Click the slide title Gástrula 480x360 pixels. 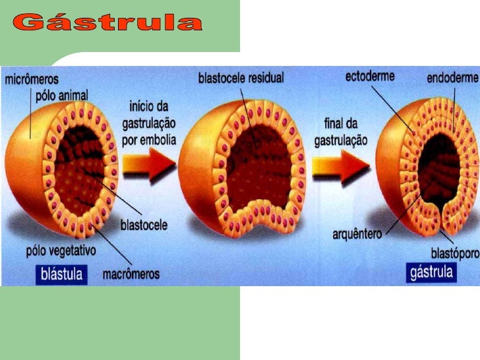click(107, 24)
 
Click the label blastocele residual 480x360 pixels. click(241, 78)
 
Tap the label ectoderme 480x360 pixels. click(370, 76)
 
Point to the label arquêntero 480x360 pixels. click(357, 233)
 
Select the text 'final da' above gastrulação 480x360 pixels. click(340, 123)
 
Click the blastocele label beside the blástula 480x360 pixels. click(143, 225)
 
